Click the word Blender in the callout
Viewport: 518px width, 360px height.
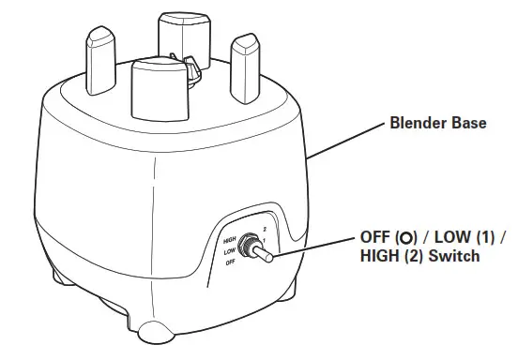[x=412, y=123]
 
